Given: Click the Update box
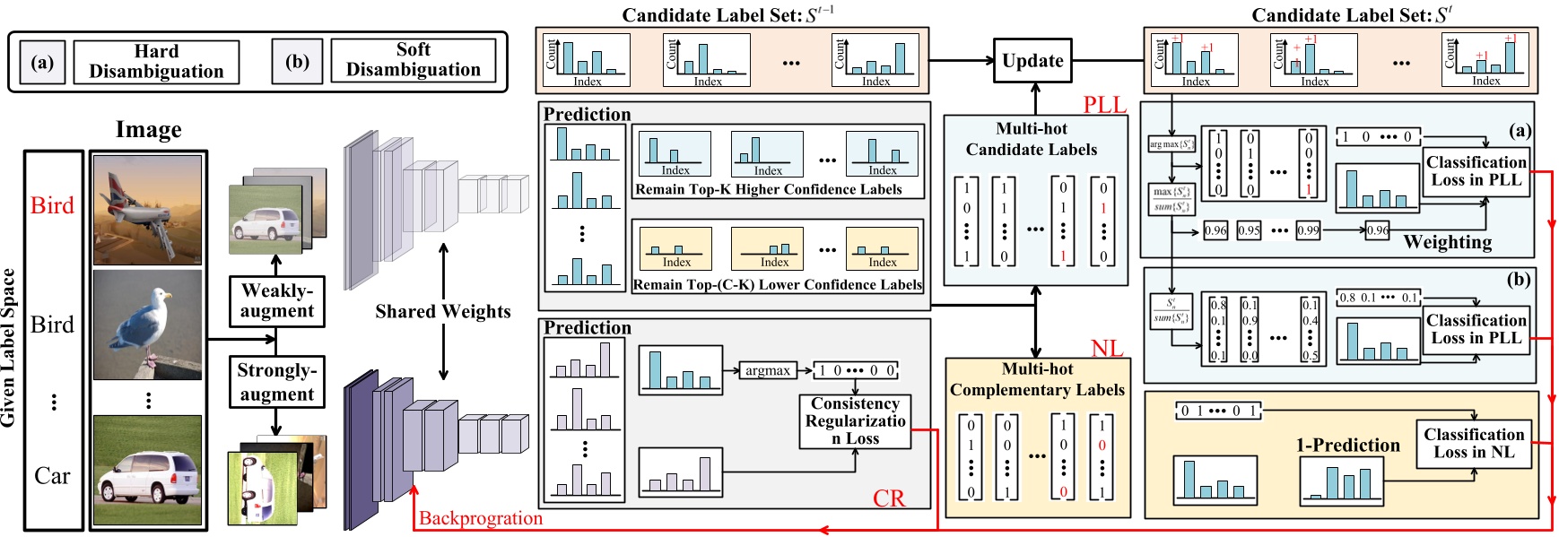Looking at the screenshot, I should click(1032, 61).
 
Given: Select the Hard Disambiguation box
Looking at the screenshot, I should click(156, 62).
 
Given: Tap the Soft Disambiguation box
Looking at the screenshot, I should click(413, 60).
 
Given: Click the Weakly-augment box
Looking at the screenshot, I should click(276, 301).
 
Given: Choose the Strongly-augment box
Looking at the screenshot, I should click(276, 382).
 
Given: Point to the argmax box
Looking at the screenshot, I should click(768, 370).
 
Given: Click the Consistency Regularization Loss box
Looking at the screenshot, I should click(855, 421).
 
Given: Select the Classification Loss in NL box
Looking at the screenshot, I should click(1474, 443).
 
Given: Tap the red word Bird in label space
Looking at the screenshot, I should click(52, 205).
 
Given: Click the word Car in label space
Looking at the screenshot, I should click(52, 476).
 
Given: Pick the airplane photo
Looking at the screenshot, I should click(147, 210).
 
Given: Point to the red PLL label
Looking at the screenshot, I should click(1104, 104).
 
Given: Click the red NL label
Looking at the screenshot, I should click(1107, 349).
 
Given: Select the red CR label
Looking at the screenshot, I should click(889, 498).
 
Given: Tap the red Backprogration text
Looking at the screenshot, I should click(481, 518).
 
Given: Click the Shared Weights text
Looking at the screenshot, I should click(443, 311).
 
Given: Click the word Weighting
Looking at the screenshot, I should click(1447, 242).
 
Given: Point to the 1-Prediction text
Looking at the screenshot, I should click(1347, 445).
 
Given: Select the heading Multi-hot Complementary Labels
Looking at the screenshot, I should click(1037, 379).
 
